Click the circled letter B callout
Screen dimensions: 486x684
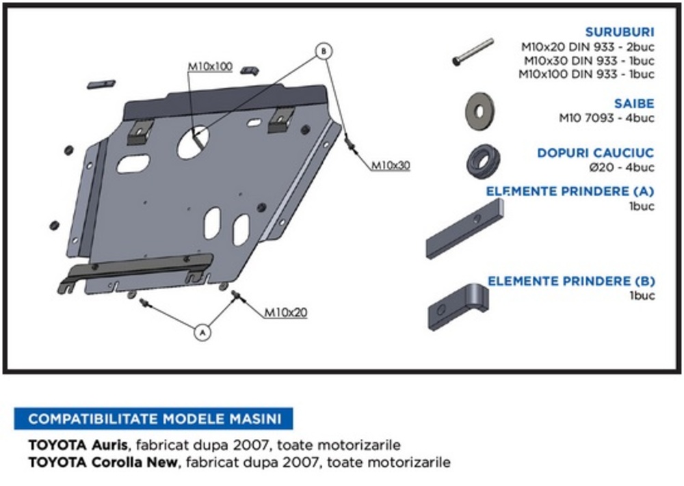(x=324, y=50)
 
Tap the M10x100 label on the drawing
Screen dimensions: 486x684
(x=210, y=67)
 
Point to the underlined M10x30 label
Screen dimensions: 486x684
(x=391, y=165)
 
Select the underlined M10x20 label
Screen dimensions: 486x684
(x=286, y=312)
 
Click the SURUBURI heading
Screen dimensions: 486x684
(x=620, y=32)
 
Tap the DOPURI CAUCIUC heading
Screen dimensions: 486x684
(x=595, y=153)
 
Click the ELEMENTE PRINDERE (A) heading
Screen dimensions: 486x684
(x=570, y=192)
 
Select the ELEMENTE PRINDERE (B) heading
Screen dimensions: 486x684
(x=570, y=281)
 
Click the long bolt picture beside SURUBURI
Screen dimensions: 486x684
(x=473, y=52)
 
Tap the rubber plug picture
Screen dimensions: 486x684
(x=482, y=161)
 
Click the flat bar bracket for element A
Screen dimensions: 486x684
(x=464, y=230)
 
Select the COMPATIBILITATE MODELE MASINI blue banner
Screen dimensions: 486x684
(x=153, y=418)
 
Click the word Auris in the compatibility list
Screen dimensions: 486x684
(x=109, y=445)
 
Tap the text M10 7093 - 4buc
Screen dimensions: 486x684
(x=606, y=118)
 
